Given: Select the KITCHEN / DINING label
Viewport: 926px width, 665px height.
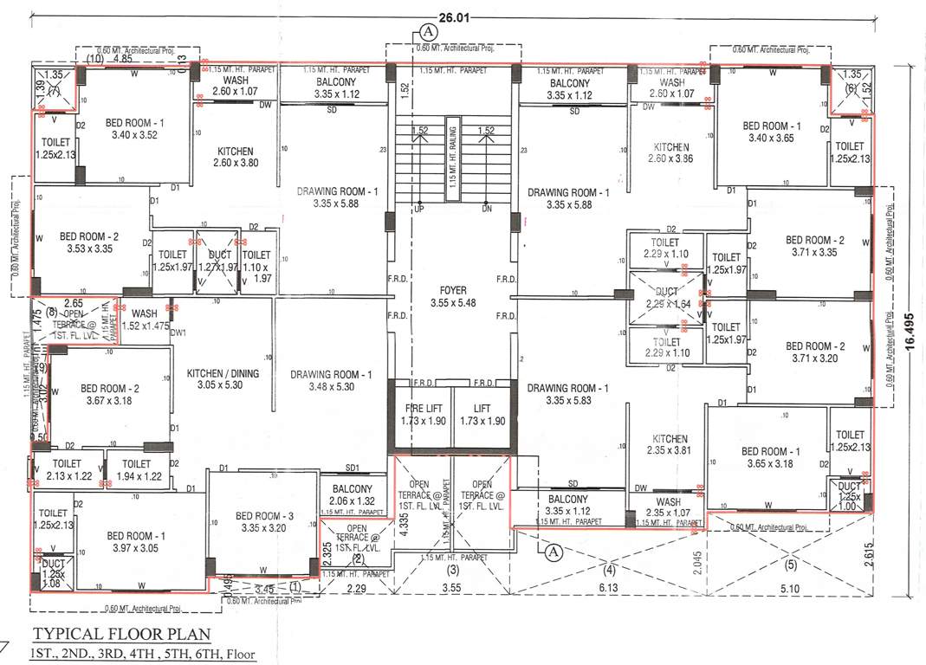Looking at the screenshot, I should [222, 380].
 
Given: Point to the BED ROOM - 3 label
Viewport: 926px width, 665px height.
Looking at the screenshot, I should [265, 522].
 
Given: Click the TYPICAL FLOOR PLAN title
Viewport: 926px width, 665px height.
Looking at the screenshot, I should [119, 635].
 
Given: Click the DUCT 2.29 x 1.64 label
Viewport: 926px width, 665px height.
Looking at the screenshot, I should [666, 298].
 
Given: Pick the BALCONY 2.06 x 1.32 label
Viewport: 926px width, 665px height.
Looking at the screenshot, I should [353, 495].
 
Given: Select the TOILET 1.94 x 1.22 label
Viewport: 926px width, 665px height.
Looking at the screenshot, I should [136, 469].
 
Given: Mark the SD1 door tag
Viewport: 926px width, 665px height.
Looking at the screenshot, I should [352, 468].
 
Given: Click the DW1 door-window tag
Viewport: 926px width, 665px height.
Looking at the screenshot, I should [179, 332].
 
